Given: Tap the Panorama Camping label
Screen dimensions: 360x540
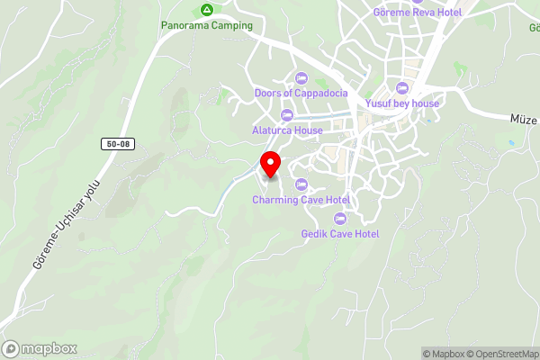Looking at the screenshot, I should point(207,25).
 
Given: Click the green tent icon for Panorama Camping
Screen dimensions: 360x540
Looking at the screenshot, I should point(207,10).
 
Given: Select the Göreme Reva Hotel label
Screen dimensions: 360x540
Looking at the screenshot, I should point(418,12).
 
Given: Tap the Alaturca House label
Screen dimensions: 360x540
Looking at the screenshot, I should point(287,130).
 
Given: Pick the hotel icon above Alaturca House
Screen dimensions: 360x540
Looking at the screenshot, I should point(287,114).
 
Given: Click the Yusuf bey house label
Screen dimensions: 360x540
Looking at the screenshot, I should point(402,103).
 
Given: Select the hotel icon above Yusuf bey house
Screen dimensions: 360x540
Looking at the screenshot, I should point(401,88).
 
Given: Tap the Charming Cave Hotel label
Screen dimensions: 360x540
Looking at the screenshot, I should point(301,199).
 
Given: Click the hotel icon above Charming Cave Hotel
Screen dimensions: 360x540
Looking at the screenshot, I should point(301,184).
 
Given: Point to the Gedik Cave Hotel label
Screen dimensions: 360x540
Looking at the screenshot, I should point(340,234).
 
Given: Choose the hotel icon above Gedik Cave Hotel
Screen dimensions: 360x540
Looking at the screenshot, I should point(340,219).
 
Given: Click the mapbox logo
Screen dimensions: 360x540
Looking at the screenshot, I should point(40,348).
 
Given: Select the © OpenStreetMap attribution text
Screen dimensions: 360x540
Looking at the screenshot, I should point(501,354).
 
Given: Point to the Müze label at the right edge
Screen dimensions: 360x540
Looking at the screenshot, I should point(524,118).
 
